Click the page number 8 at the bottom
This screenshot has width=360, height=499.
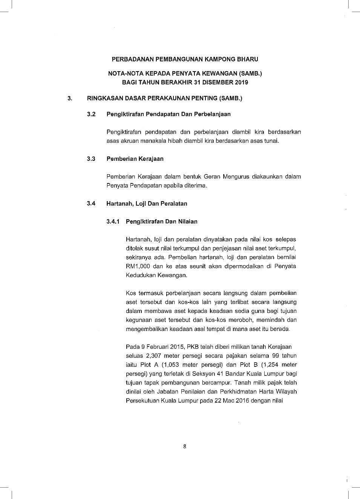(x=184, y=447)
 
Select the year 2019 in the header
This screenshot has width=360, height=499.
(x=241, y=82)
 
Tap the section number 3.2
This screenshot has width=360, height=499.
(x=91, y=114)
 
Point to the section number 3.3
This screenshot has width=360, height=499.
(x=91, y=159)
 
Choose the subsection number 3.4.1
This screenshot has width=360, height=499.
(x=113, y=221)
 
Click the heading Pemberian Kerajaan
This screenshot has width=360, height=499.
(x=135, y=159)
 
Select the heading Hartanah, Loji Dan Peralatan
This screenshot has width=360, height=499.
(x=147, y=203)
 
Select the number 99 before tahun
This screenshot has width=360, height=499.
(x=275, y=356)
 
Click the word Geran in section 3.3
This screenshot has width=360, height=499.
(x=212, y=177)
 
